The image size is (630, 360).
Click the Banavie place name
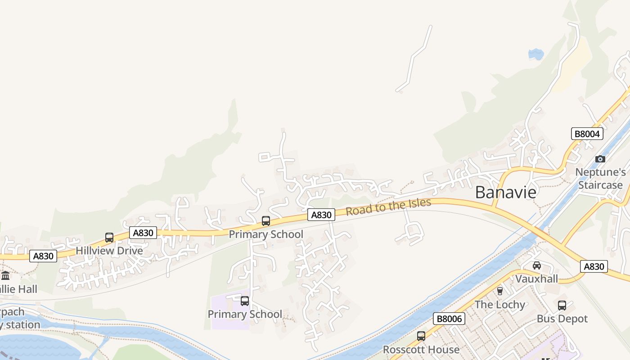[x=506, y=192]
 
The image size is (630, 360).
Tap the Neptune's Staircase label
[x=600, y=179]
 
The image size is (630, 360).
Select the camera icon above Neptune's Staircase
[x=600, y=159]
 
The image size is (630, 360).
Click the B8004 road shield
[x=587, y=134]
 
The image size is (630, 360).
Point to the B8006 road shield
[x=449, y=319]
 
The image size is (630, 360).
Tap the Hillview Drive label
[x=109, y=251]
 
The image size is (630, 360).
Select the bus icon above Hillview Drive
[x=109, y=238]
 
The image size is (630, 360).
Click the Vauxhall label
[x=536, y=279]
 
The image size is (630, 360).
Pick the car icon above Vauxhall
[x=536, y=265]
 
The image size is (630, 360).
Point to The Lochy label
[x=500, y=305]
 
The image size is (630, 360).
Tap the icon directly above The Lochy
[x=499, y=291]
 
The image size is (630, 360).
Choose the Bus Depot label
[x=562, y=319]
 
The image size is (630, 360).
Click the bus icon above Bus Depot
[x=562, y=306]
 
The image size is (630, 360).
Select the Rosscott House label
[x=421, y=349]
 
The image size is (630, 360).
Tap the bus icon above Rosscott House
[x=421, y=336]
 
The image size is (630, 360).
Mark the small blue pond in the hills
[x=536, y=54]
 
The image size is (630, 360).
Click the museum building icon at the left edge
[x=5, y=275]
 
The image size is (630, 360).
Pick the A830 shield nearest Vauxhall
[x=594, y=266]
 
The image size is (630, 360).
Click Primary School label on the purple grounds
[x=245, y=314]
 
